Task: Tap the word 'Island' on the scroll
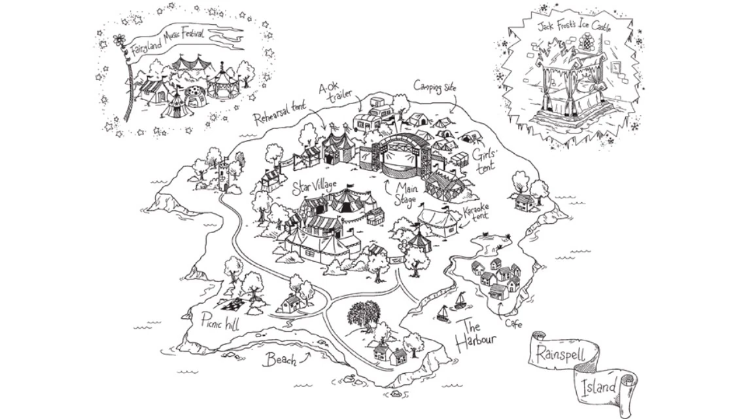tap(598, 386)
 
